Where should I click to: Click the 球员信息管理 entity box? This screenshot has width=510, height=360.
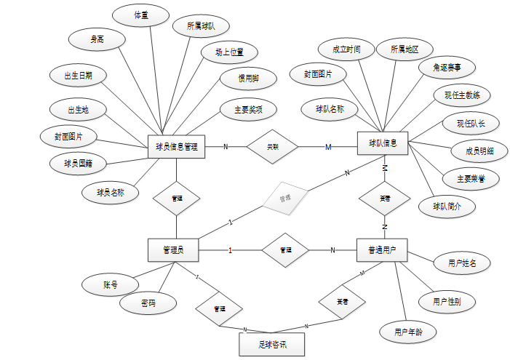click(x=176, y=147)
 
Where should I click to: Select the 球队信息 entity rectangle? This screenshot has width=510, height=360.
click(x=383, y=143)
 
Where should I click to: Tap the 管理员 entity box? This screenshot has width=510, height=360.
click(x=174, y=250)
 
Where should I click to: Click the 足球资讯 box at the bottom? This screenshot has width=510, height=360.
click(x=271, y=345)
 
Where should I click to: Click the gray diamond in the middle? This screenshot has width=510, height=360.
click(x=285, y=197)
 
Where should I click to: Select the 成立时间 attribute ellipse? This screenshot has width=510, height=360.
click(x=347, y=49)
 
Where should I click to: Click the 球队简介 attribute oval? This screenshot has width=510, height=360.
click(x=447, y=206)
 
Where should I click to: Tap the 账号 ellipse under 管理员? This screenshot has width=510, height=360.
click(x=111, y=286)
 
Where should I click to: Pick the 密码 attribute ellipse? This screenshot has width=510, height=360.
click(x=148, y=302)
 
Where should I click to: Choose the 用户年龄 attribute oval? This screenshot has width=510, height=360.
click(x=408, y=332)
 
